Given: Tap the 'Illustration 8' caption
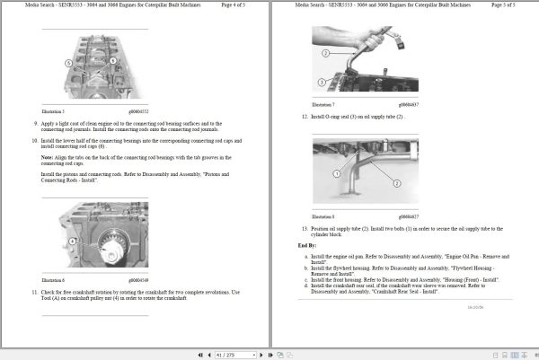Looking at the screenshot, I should pos(323,216).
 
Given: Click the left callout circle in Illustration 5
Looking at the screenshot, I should pos(68,62).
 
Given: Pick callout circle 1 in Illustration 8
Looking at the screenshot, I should pos(336,172).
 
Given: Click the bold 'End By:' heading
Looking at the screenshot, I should pos(307,244).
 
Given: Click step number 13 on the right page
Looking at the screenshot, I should pos(305,229).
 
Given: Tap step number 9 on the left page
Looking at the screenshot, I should pos(36,123).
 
